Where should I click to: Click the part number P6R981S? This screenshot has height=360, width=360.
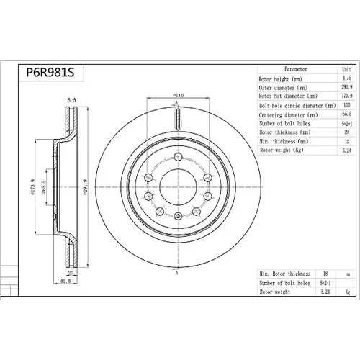(50, 72)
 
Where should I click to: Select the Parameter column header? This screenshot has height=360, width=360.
(296, 69)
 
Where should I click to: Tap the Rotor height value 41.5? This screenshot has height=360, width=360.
(346, 78)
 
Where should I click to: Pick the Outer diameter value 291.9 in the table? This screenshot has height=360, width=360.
(347, 87)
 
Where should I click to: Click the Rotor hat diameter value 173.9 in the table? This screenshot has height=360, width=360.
(347, 96)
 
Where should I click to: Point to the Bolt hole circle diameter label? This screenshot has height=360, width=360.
(297, 106)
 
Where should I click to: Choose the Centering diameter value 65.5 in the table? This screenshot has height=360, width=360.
(347, 114)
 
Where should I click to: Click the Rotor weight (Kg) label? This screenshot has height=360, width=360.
(282, 150)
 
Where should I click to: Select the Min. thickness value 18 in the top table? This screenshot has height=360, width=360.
(347, 142)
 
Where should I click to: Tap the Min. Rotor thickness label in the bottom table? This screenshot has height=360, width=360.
(285, 274)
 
